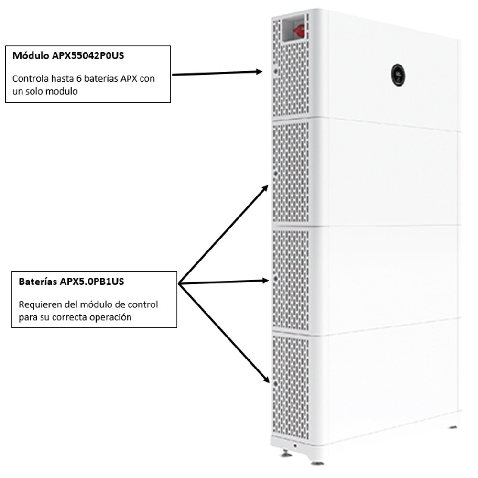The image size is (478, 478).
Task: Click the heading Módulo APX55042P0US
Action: coord(68,56)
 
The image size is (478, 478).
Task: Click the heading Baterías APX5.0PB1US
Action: coord(71,282)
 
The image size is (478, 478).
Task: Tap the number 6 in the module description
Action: coord(79,79)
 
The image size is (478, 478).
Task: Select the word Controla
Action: coord(30,79)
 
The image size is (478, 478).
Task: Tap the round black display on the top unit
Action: coord(398,75)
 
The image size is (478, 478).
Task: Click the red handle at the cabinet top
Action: coord(298,30)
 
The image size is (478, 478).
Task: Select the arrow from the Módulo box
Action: coord(217,73)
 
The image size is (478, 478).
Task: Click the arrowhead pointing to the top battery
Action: coord(265,188)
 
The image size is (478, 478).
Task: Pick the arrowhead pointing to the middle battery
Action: coord(265,281)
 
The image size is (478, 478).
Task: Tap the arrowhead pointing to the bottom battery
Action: coord(266,379)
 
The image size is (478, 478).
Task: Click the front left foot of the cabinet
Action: coord(286,454)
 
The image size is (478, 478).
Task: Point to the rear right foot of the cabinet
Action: coord(453,427)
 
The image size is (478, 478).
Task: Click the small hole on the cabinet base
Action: coord(295,445)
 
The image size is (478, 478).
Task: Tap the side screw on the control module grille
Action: coord(276,71)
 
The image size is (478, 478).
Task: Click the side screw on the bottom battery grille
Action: coord(275,384)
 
